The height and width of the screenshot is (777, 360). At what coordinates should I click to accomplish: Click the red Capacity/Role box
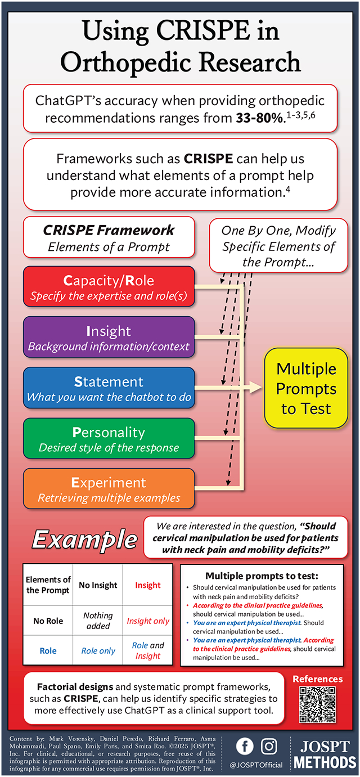tap(109, 287)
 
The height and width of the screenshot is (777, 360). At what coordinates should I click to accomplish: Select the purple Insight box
tap(109, 338)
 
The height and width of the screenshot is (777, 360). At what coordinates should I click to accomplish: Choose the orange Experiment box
tap(109, 489)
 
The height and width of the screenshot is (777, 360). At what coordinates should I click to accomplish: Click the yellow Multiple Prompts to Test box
tap(306, 388)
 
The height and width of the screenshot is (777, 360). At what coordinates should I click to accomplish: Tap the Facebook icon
tap(244, 746)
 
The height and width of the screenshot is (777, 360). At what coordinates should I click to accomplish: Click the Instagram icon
tap(270, 746)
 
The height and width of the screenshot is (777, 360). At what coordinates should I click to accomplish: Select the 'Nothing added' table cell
tap(98, 621)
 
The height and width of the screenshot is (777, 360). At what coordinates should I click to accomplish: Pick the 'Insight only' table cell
tap(147, 621)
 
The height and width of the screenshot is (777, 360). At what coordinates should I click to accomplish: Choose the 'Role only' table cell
tap(98, 650)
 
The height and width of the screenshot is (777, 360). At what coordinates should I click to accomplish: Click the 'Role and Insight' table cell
tap(147, 650)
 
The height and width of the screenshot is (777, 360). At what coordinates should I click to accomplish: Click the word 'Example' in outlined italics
tap(84, 539)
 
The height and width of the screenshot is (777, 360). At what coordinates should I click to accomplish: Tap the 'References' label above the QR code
tap(317, 679)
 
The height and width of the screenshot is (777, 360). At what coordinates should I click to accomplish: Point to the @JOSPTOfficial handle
tap(257, 765)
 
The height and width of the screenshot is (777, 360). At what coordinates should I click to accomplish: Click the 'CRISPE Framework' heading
tap(109, 230)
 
